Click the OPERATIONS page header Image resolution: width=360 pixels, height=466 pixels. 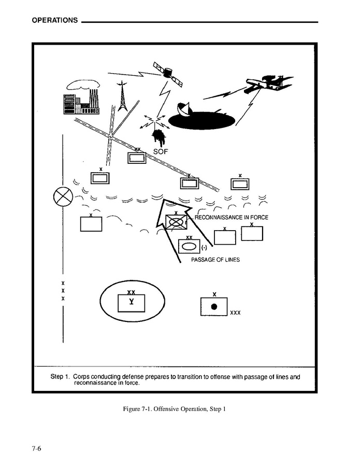pyautogui.click(x=54, y=21)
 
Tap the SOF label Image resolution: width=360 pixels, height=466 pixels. pyautogui.click(x=162, y=151)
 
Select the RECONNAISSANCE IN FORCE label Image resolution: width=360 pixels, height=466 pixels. pyautogui.click(x=231, y=217)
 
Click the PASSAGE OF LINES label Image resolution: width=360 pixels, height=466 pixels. pyautogui.click(x=215, y=259)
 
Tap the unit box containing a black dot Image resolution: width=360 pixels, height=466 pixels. pyautogui.click(x=214, y=306)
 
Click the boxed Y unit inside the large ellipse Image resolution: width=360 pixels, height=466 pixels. pyautogui.click(x=132, y=303)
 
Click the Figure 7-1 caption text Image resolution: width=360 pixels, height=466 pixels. pyautogui.click(x=174, y=409)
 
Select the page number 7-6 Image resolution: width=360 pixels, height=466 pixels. pyautogui.click(x=36, y=449)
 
